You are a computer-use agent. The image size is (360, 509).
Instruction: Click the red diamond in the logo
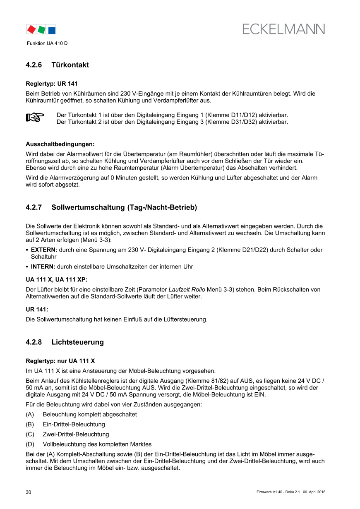point(31,29)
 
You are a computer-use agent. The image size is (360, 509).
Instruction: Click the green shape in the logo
point(41,29)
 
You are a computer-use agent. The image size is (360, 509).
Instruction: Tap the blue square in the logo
point(52,30)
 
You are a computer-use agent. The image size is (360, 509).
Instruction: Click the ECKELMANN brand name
point(283,29)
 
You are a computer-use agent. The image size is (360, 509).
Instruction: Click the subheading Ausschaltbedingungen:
point(60,144)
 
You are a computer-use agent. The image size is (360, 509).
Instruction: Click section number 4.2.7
point(34,207)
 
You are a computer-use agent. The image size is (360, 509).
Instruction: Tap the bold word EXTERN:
point(44,250)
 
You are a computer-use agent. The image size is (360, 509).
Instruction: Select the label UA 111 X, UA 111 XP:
point(56,280)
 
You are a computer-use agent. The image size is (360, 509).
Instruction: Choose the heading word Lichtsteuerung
point(77,342)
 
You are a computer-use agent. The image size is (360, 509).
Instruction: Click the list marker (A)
point(30,414)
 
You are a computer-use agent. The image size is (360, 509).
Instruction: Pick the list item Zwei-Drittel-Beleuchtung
point(76,434)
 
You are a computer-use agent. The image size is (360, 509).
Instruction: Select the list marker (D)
point(30,444)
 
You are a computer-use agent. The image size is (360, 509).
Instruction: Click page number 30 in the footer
point(29,492)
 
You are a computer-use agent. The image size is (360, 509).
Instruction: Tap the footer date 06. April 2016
point(314,492)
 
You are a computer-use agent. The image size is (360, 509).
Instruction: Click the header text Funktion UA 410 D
point(47,43)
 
